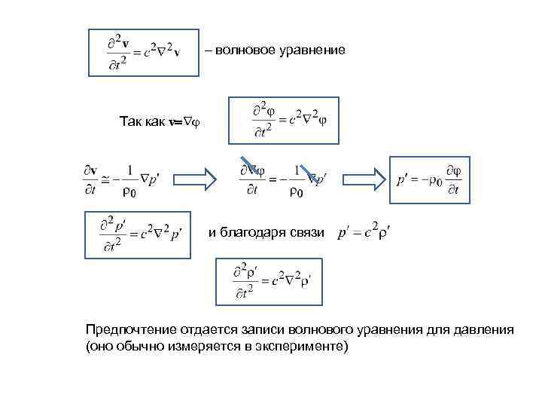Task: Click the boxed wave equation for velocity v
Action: coord(143,52)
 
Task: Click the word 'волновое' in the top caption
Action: coord(245,50)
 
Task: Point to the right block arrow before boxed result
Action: coord(359,179)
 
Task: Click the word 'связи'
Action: coord(309,234)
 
